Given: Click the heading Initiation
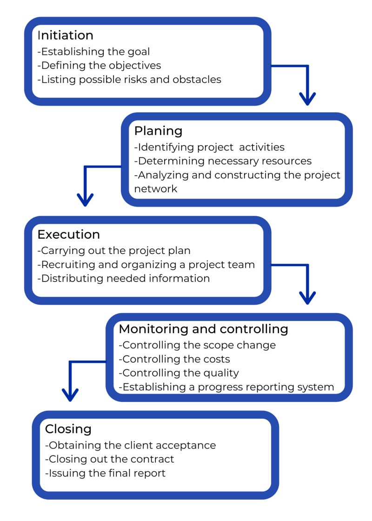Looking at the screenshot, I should pyautogui.click(x=65, y=35).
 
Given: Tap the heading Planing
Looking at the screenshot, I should pyautogui.click(x=158, y=131).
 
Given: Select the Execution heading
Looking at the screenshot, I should pyautogui.click(x=68, y=234).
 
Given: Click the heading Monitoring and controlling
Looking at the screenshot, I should pyautogui.click(x=203, y=329).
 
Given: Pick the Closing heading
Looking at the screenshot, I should pyautogui.click(x=68, y=428).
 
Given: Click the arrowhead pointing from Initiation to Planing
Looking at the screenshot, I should pyautogui.click(x=307, y=99).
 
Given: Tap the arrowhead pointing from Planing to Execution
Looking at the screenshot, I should pyautogui.click(x=85, y=200).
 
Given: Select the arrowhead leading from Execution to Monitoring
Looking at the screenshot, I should pyautogui.click(x=307, y=297).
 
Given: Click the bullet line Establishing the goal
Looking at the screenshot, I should pyautogui.click(x=93, y=52).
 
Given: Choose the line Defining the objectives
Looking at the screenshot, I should pyautogui.click(x=99, y=65).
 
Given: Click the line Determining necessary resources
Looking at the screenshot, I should pyautogui.click(x=223, y=161).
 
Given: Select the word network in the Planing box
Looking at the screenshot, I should pyautogui.click(x=156, y=189).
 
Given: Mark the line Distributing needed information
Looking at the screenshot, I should pyautogui.click(x=123, y=279).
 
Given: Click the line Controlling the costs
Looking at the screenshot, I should pyautogui.click(x=174, y=359).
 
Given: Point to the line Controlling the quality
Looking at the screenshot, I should pyautogui.click(x=179, y=373).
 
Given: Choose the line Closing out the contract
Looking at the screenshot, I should pyautogui.click(x=110, y=459).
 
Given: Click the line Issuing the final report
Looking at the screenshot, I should pyautogui.click(x=105, y=474).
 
